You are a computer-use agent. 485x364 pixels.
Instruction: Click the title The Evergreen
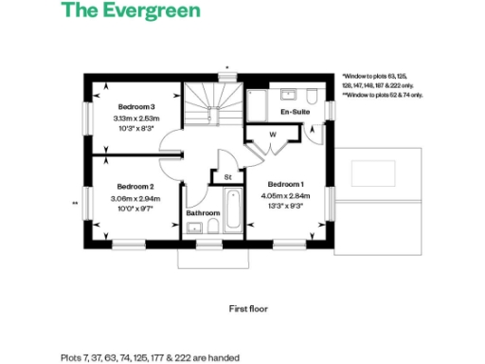pos(131,12)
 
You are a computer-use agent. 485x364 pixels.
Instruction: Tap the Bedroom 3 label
pos(136,106)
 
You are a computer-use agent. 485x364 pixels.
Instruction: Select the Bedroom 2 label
pos(136,187)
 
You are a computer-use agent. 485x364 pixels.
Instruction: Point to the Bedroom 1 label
pos(286,183)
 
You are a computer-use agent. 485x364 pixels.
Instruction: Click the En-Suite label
pos(295,112)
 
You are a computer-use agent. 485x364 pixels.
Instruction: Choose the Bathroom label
pos(203,213)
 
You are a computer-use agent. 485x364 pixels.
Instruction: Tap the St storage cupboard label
pos(227,177)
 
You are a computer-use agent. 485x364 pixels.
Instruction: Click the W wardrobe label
pos(272,134)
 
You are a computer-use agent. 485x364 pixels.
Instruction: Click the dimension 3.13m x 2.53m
pos(136,118)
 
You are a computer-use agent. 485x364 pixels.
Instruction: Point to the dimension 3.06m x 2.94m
pos(136,199)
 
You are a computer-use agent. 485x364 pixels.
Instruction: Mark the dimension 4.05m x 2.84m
pos(286,195)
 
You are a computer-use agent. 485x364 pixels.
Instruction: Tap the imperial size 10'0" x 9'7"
pos(136,209)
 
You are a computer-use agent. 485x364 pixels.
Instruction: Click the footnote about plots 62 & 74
pos(383,95)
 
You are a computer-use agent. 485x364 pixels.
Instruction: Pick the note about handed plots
pos(150,357)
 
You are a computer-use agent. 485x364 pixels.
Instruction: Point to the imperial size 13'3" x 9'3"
pos(286,206)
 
